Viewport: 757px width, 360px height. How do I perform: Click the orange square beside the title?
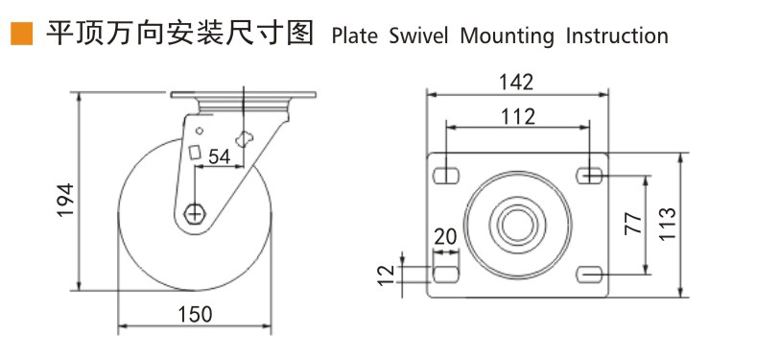click(22, 34)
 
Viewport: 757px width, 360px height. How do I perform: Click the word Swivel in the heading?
click(418, 36)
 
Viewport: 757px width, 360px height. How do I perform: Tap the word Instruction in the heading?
click(617, 36)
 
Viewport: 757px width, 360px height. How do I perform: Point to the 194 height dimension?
click(65, 200)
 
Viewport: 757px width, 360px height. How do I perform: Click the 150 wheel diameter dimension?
click(195, 315)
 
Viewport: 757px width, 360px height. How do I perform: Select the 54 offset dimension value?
click(219, 157)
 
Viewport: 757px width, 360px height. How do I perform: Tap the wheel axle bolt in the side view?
click(195, 212)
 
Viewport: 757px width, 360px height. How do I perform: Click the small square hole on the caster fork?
click(195, 153)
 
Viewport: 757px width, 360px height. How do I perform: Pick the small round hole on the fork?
click(199, 130)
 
